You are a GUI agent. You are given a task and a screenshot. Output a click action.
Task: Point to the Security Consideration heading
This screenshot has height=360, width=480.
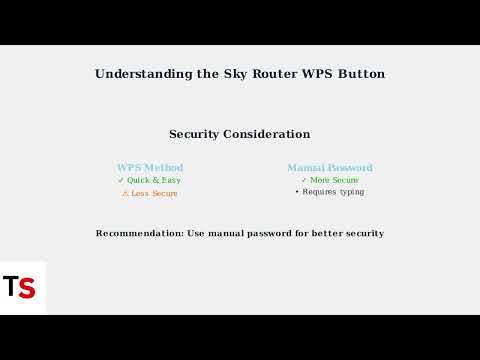[x=240, y=134]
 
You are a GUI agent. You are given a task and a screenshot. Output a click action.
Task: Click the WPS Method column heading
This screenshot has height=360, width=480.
[x=150, y=168]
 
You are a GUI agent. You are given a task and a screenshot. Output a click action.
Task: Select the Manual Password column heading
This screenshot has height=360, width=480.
[x=330, y=168]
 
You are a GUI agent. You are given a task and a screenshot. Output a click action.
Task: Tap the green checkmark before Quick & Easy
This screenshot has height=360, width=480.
[x=121, y=180]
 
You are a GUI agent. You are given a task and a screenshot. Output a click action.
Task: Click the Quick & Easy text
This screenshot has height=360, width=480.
[x=154, y=180]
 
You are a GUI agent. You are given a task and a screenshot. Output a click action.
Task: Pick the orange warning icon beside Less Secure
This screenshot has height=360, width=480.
[x=125, y=193]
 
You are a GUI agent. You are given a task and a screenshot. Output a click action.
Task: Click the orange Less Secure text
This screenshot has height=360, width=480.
[x=155, y=193]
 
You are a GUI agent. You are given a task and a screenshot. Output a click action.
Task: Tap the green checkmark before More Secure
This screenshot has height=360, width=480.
[x=303, y=180]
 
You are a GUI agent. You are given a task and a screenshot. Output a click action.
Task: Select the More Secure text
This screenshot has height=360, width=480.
[x=335, y=180]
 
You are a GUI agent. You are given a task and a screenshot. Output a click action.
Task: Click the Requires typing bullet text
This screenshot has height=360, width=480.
[x=333, y=192]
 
